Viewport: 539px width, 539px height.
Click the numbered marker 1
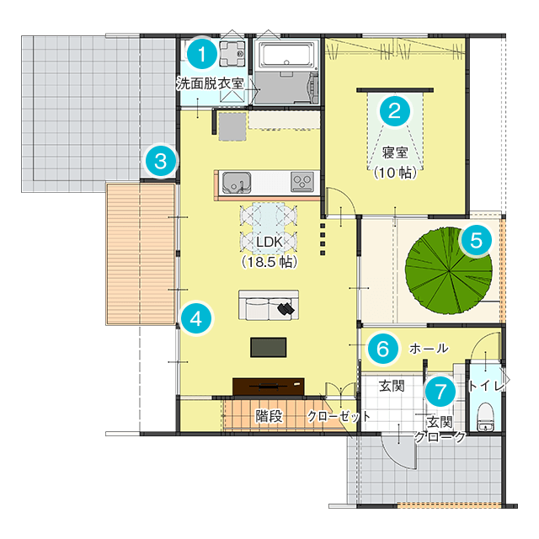(202, 54)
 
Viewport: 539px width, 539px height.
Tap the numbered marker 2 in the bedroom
(395, 111)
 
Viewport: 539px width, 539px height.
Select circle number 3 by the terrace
(161, 161)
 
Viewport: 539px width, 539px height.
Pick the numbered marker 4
(196, 318)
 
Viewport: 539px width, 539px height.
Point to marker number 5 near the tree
(476, 240)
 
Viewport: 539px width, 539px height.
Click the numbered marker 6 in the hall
(383, 349)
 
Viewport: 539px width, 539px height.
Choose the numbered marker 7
(440, 392)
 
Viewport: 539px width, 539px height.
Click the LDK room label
(269, 242)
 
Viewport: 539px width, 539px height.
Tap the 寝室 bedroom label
(395, 152)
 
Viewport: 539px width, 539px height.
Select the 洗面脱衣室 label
(211, 83)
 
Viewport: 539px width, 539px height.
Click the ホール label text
(429, 348)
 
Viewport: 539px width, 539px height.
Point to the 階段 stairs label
(269, 416)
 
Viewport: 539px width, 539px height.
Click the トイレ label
(486, 386)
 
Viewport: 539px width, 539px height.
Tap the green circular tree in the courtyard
(449, 270)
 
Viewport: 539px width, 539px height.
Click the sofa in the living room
(269, 305)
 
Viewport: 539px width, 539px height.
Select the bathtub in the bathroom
(287, 55)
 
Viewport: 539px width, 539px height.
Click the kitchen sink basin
(237, 182)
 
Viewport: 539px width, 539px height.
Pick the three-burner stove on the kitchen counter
(302, 182)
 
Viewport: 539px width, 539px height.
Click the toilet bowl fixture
(485, 416)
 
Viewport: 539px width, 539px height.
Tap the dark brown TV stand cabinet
(269, 387)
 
